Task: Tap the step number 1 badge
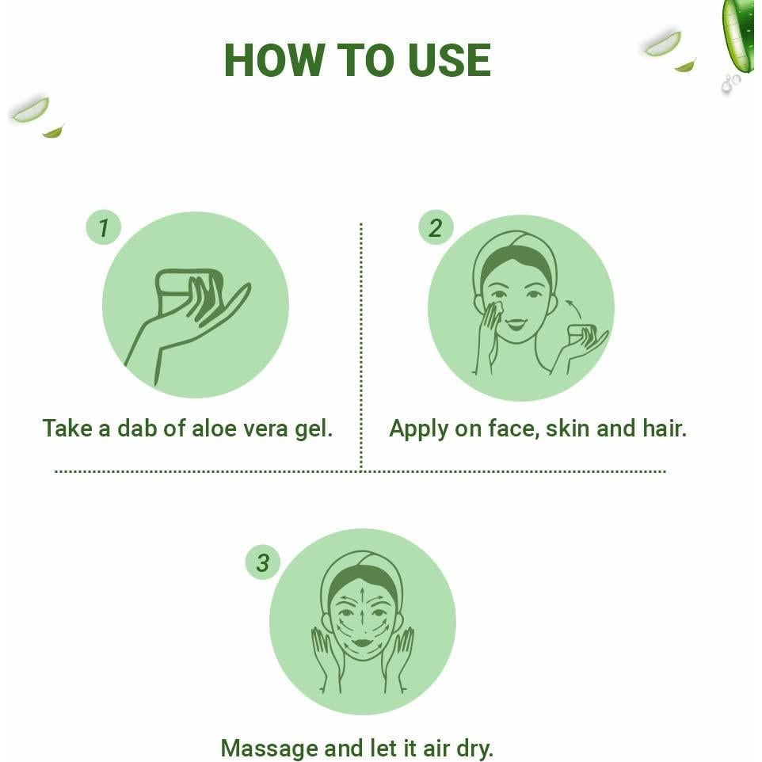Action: pos(103,229)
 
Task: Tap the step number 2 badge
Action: pos(435,229)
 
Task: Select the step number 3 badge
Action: pos(262,563)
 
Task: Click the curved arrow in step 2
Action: pos(575,308)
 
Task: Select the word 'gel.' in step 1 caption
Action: pos(314,429)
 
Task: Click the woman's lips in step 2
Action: pos(516,324)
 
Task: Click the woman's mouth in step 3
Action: pos(363,642)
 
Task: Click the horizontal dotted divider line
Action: pos(360,471)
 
